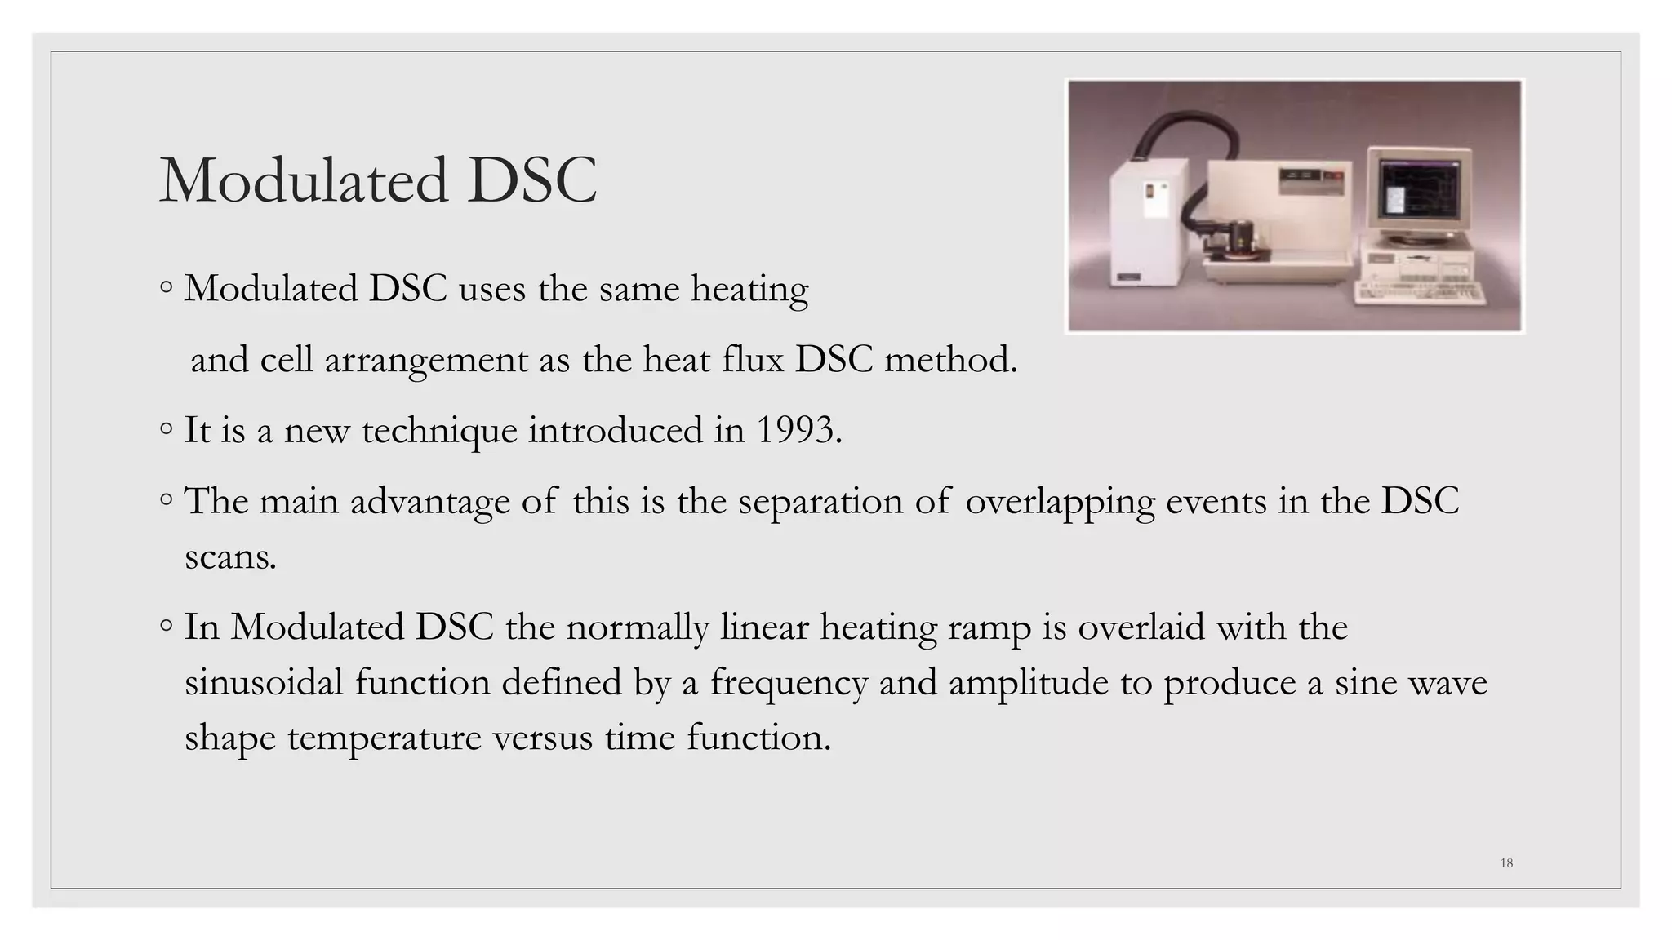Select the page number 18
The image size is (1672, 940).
[1506, 863]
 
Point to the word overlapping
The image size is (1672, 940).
[1060, 502]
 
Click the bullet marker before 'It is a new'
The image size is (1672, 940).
[167, 428]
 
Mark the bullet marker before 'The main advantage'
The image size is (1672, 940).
[167, 499]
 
